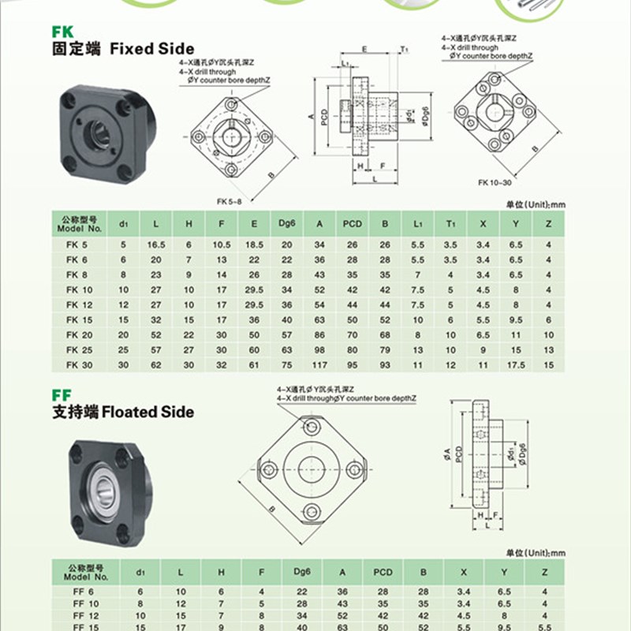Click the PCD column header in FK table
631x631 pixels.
coord(352,224)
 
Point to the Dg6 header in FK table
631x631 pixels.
coord(286,224)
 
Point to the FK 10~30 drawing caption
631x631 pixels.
coord(495,182)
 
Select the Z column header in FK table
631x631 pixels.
coord(547,224)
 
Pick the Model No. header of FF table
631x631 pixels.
coord(85,571)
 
